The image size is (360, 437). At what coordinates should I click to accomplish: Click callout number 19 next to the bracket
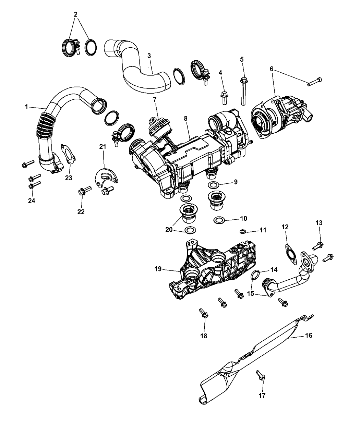158,269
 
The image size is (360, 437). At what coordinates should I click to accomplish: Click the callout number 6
272,69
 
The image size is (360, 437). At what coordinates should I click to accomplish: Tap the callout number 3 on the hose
149,56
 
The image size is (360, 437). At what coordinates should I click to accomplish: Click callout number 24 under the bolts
32,201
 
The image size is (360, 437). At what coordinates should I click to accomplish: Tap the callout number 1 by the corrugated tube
26,107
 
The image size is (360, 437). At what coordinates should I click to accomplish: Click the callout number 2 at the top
76,14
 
